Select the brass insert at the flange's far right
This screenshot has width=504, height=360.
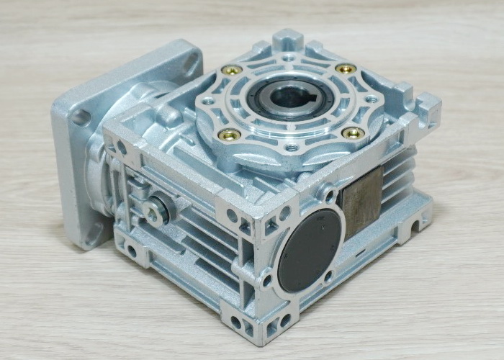[346, 69]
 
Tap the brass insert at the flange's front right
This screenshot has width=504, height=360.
[353, 132]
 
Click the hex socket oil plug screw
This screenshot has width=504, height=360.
[156, 210]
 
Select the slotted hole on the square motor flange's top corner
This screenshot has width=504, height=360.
[190, 62]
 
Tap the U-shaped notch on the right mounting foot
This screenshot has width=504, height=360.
[413, 228]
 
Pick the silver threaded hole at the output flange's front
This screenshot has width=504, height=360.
[292, 148]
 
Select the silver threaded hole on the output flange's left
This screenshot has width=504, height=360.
[208, 102]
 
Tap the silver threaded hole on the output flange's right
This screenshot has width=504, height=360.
[371, 99]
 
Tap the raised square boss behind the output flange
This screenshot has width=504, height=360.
[292, 37]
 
